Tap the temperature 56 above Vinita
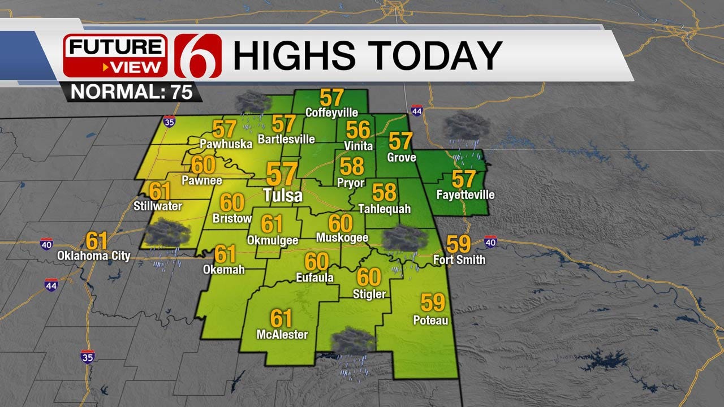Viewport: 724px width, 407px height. tap(358, 130)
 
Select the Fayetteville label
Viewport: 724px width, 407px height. tap(466, 195)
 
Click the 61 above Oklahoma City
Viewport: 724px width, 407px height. tap(97, 240)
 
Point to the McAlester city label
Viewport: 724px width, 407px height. tap(282, 335)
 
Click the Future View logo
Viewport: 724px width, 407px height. tap(115, 55)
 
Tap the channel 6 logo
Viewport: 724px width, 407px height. tap(198, 55)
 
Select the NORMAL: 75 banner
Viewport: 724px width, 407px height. tap(132, 92)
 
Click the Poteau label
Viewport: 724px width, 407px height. tap(430, 321)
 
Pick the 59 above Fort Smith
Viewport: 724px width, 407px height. tap(458, 244)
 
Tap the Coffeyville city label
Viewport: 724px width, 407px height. tap(331, 112)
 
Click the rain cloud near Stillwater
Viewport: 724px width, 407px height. tap(167, 233)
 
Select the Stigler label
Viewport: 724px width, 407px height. tap(369, 294)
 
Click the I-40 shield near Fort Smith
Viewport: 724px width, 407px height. tap(490, 243)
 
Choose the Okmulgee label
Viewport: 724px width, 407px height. tap(273, 240)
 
